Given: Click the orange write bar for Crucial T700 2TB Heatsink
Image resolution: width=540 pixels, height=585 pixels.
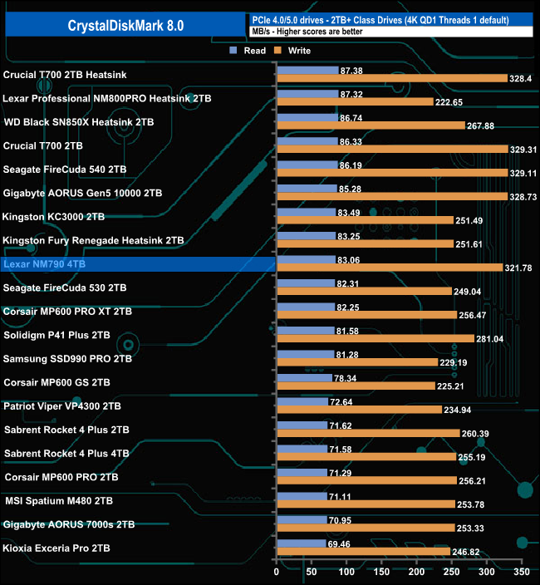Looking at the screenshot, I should [391, 78].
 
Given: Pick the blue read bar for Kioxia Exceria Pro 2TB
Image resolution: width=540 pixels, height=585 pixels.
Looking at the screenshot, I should [301, 543].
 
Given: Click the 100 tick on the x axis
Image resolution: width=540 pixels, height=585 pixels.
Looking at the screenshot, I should [346, 573].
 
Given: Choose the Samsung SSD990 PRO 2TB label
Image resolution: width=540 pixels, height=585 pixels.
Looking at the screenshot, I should [68, 359].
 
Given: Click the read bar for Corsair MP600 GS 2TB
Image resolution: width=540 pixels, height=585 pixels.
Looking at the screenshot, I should [304, 378].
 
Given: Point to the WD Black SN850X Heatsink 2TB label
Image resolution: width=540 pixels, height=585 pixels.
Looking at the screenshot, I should [79, 121].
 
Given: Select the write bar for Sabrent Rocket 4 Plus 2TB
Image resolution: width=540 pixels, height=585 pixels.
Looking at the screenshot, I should [368, 433].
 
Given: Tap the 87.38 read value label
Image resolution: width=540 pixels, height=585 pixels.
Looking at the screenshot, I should [352, 71].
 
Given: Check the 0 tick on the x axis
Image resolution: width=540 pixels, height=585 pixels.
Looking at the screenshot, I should [277, 573].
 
